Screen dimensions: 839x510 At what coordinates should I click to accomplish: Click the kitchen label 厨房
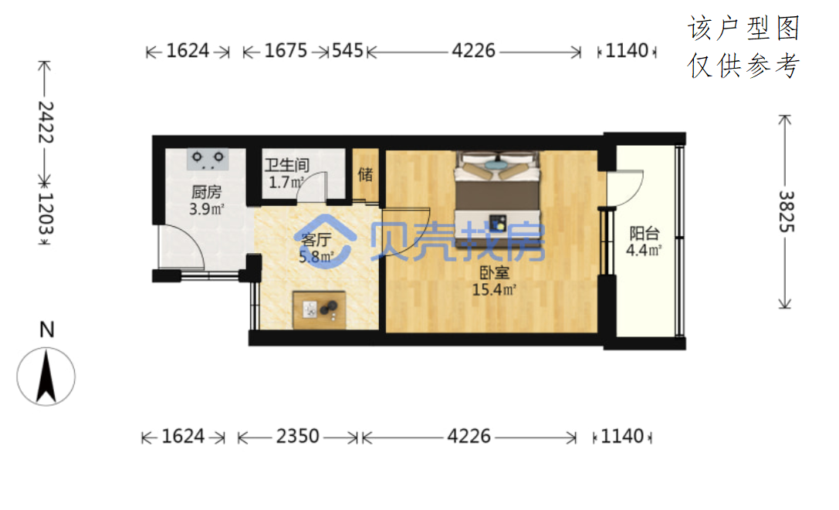[206, 191]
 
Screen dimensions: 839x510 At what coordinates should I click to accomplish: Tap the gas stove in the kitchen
[208, 159]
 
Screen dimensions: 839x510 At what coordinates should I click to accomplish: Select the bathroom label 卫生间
[287, 165]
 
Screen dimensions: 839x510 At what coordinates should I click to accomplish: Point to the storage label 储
[365, 174]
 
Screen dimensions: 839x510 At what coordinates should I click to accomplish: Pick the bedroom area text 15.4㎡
[494, 289]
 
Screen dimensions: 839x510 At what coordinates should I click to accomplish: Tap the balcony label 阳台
[644, 233]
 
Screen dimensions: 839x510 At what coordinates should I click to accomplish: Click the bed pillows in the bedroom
[497, 165]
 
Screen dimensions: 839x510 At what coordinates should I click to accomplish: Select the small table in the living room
[319, 309]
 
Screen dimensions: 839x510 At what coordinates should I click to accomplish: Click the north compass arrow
[46, 377]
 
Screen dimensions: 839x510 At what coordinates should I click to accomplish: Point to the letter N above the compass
[47, 329]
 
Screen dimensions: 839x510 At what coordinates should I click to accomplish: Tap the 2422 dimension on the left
[46, 122]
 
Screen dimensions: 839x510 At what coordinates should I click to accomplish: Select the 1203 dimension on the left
[46, 213]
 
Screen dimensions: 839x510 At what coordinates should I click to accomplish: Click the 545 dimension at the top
[347, 51]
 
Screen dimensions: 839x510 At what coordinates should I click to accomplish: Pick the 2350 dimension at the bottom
[297, 437]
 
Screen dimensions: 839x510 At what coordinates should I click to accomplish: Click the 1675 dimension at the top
[286, 51]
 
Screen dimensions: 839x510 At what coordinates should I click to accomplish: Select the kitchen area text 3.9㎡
[207, 209]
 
